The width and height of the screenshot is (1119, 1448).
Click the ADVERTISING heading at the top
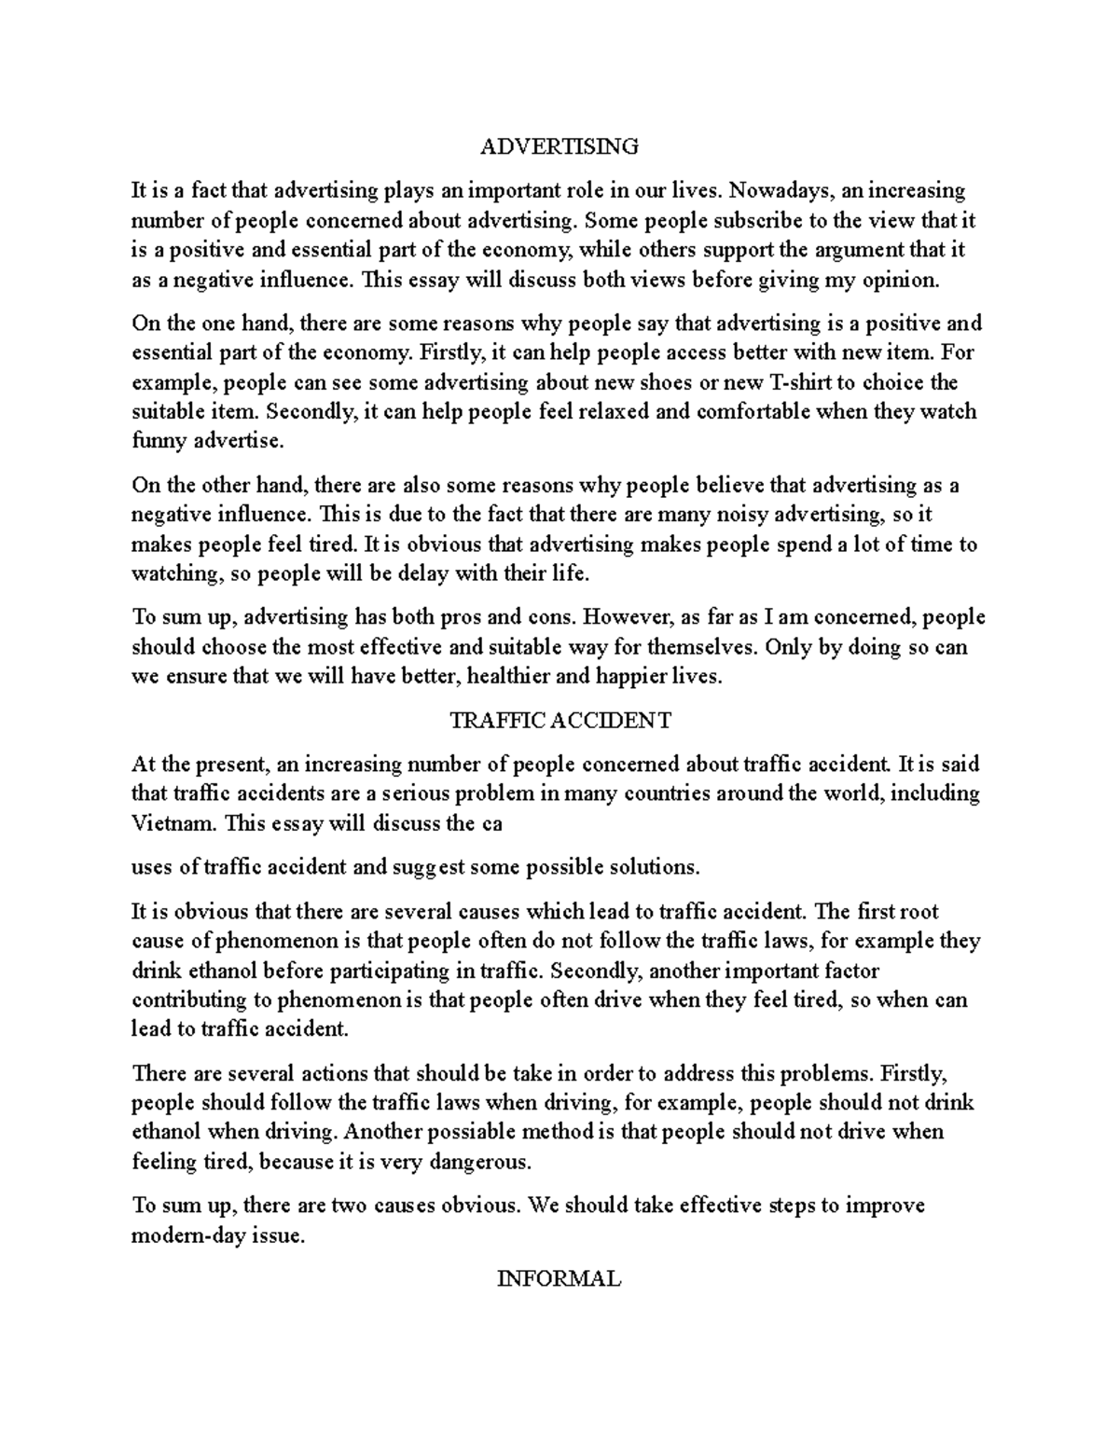559,146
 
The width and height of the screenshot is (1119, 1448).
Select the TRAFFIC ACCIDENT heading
559,721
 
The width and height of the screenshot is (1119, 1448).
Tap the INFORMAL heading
559,1278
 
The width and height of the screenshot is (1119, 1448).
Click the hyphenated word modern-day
183,1236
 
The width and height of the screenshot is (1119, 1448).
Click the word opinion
901,280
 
